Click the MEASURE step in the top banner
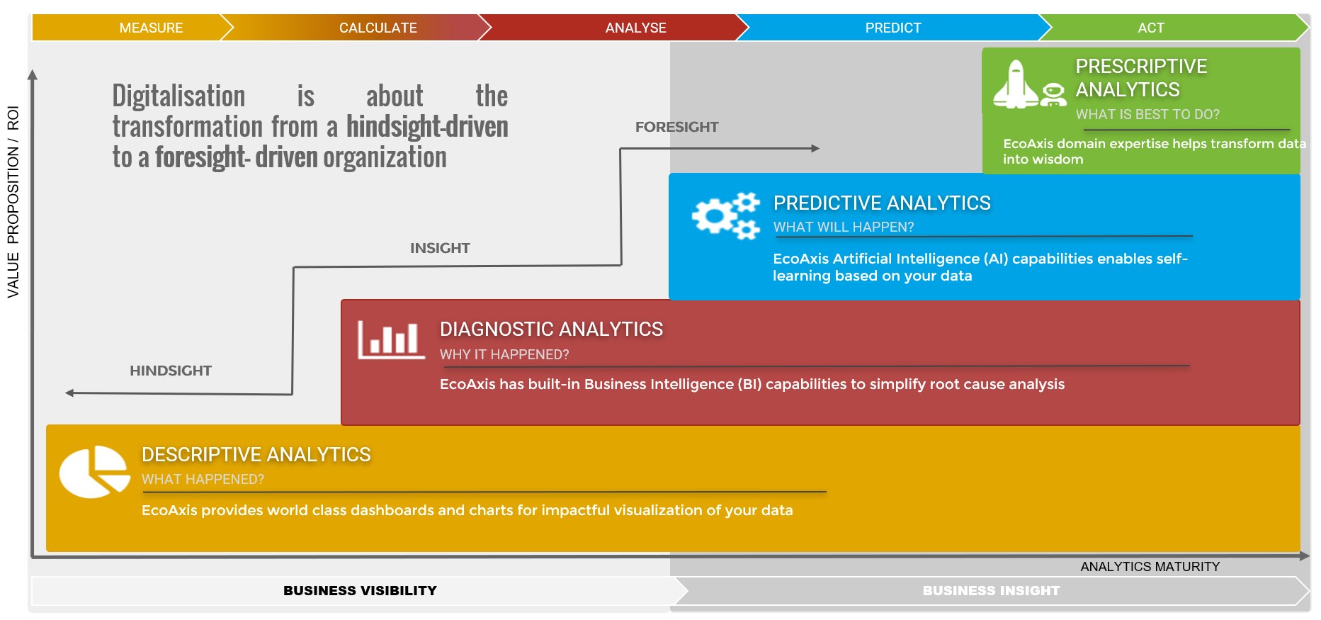coord(151,28)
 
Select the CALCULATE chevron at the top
coord(378,28)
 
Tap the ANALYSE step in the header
coord(635,28)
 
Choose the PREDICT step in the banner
coord(892,28)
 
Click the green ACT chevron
coord(1150,28)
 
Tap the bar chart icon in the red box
coord(390,340)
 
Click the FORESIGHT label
coord(676,127)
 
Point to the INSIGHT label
coord(440,248)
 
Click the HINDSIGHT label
coord(171,371)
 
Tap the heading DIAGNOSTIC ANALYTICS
coord(551,329)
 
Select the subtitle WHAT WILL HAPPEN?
coord(843,227)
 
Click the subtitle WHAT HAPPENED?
coord(203,479)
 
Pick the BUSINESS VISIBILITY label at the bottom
coord(360,590)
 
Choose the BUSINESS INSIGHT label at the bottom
coord(990,590)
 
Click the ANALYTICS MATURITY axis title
coord(1150,567)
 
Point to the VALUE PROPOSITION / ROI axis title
coord(13,202)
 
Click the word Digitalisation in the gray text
coord(178,96)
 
